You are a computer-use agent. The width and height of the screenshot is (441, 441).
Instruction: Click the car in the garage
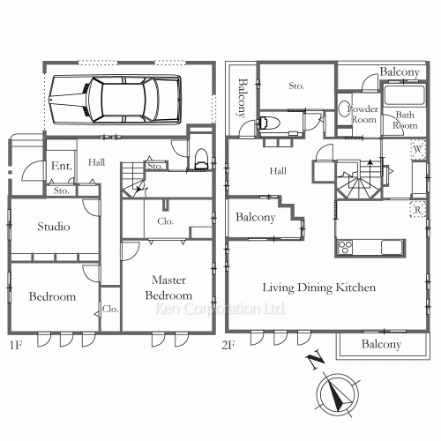pos(115,100)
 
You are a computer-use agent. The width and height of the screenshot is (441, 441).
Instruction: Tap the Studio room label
pos(54,227)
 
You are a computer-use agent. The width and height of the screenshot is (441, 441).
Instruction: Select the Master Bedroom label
pos(168,288)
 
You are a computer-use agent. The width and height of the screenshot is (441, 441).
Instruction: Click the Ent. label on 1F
pos(62,166)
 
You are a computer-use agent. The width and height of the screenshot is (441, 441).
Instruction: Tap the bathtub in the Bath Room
pos(404,94)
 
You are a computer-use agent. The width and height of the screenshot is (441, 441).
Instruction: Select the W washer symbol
pos(418,149)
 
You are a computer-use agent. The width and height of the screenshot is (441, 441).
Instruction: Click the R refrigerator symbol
pos(418,209)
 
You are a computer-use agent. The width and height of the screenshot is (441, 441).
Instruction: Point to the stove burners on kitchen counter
pos(345,247)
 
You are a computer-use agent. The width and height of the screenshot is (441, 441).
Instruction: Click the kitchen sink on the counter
pos(392,247)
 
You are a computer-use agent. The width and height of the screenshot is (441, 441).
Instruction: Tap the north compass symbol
pos(338,394)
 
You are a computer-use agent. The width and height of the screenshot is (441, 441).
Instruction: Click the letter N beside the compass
pos(315,359)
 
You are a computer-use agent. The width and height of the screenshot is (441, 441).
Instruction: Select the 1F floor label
pos(16,345)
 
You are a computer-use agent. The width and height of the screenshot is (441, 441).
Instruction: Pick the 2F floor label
pos(228,345)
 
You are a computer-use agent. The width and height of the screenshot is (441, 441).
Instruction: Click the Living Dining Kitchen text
pos(318,288)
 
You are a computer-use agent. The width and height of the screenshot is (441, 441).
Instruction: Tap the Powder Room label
pos(363,114)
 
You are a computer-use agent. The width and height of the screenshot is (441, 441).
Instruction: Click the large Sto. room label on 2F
pos(296,86)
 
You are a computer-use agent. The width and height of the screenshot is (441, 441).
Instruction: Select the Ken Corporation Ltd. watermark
pos(220,309)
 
